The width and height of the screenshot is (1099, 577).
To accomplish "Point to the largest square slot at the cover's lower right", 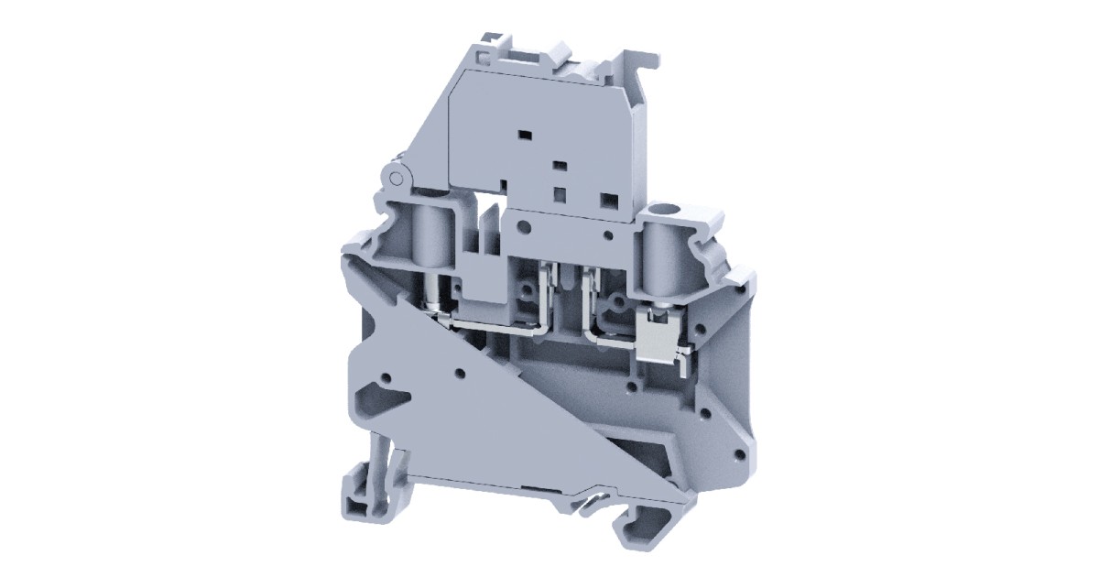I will [605, 197].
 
